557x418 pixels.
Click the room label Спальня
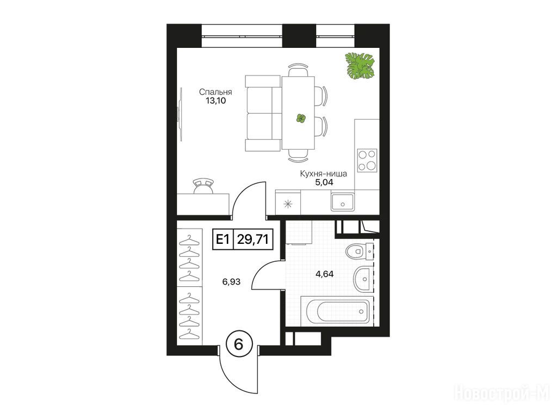click(x=215, y=92)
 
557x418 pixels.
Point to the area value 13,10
click(x=215, y=101)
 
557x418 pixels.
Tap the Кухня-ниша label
click(x=323, y=174)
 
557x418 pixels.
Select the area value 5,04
click(x=324, y=183)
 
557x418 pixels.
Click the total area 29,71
click(x=252, y=239)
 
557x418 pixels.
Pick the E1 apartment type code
click(x=222, y=239)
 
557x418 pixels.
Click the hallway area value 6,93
click(x=231, y=282)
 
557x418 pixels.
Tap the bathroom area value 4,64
click(x=325, y=274)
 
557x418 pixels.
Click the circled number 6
click(x=239, y=344)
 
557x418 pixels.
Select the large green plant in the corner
click(x=360, y=66)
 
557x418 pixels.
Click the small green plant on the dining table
click(x=301, y=118)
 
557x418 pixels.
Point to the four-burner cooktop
click(x=367, y=161)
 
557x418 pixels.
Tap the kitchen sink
click(x=343, y=202)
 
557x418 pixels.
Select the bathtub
click(x=336, y=311)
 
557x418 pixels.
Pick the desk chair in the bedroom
click(x=204, y=186)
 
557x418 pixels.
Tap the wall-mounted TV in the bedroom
click(x=181, y=114)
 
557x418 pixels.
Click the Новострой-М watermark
click(x=502, y=394)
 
